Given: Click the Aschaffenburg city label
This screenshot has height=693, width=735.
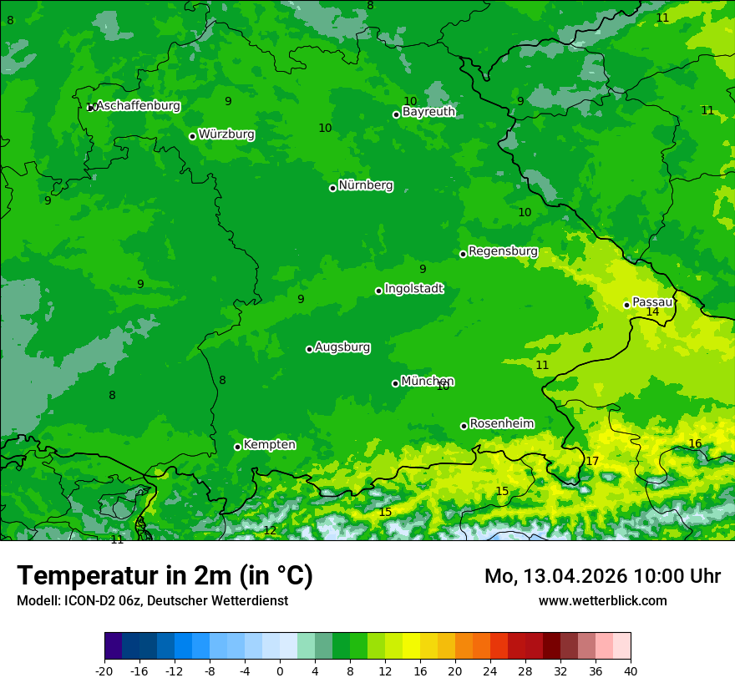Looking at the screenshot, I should pyautogui.click(x=138, y=106).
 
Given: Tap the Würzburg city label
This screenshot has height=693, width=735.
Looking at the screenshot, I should pyautogui.click(x=226, y=134).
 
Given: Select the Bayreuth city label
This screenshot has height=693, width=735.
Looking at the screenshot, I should pyautogui.click(x=428, y=112).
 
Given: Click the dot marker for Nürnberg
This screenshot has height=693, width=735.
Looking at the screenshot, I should pyautogui.click(x=332, y=188).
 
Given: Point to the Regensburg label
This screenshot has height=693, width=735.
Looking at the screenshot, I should pyautogui.click(x=503, y=251).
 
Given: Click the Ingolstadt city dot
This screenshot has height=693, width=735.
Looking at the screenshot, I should pyautogui.click(x=378, y=291).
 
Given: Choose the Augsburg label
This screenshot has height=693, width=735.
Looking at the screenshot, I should pyautogui.click(x=342, y=347).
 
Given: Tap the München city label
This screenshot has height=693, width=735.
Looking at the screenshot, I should pyautogui.click(x=428, y=382).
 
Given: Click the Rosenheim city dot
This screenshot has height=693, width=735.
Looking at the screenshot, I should pyautogui.click(x=464, y=426).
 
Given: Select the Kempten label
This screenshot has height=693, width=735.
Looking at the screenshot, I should pyautogui.click(x=269, y=445).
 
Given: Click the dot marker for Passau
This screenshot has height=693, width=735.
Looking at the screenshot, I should pyautogui.click(x=626, y=305).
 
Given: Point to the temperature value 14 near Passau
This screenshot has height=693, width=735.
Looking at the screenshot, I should pyautogui.click(x=652, y=312).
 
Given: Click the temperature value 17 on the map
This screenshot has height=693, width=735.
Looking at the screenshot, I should pyautogui.click(x=592, y=461).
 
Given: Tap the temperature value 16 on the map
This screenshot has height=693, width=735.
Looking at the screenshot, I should pyautogui.click(x=695, y=443).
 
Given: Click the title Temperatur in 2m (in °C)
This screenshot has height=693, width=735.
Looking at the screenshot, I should pyautogui.click(x=165, y=576).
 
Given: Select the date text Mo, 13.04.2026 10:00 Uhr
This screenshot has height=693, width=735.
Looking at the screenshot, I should pyautogui.click(x=602, y=576).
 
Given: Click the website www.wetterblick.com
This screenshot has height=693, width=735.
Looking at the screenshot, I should pyautogui.click(x=602, y=601).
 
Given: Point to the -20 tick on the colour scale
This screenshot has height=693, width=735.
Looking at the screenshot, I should pyautogui.click(x=104, y=671).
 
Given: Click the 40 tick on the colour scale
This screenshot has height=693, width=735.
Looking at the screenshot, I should pyautogui.click(x=631, y=671).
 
